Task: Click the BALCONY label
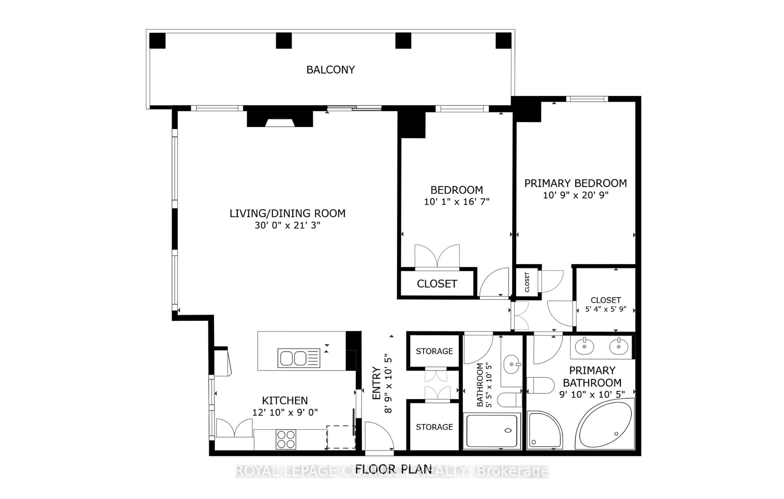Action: tap(331, 70)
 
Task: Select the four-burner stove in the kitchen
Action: tap(286, 439)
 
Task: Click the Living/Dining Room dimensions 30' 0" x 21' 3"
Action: tap(287, 225)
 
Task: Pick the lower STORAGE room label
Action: tap(434, 427)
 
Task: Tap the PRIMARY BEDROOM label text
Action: tap(575, 183)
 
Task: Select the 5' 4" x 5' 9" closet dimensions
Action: tap(606, 309)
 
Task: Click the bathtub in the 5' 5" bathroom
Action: tap(492, 431)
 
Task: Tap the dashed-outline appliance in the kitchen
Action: tap(341, 437)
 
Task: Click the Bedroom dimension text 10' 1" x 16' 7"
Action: tap(457, 202)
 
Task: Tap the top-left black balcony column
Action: tap(157, 41)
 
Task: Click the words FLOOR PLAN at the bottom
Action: tap(393, 469)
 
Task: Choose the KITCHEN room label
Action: tap(285, 400)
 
